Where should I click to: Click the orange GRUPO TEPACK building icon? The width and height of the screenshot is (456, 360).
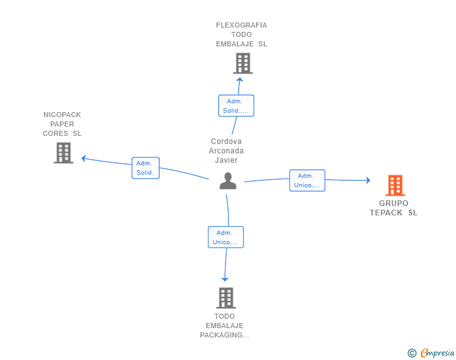395,185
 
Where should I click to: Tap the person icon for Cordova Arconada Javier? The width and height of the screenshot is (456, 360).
228,181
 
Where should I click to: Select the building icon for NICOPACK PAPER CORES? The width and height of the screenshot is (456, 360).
63,153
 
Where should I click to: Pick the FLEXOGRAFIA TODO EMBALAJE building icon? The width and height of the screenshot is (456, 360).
243,63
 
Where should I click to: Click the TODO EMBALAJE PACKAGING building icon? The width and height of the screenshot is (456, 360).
226,298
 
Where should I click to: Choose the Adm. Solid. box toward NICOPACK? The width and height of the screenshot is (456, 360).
145,168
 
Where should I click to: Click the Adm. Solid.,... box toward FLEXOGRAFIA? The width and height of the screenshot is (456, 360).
236,106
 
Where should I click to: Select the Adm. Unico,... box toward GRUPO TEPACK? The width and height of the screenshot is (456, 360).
307,180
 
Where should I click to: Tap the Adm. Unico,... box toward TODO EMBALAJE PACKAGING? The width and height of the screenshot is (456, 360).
225,237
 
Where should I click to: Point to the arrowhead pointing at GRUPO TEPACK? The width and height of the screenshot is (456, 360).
368,180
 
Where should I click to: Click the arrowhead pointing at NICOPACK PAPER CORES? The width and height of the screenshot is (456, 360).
83,158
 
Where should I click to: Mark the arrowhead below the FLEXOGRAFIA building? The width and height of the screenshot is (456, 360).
239,80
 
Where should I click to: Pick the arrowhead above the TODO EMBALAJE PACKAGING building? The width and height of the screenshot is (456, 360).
225,279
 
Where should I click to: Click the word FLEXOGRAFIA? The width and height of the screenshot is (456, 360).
241,25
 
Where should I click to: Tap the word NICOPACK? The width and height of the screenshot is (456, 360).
62,115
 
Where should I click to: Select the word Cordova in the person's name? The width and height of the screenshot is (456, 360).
226,141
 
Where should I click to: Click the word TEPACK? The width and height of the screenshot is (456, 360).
386,213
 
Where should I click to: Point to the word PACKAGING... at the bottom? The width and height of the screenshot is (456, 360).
224,336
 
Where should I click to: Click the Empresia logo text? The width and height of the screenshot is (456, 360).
437,353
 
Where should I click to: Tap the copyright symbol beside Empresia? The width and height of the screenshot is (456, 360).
412,353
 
